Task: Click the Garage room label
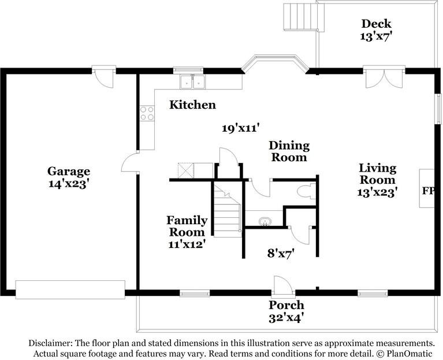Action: point(68,171)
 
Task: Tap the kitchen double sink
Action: point(192,83)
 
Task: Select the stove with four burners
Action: point(147,113)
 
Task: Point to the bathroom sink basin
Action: point(265,221)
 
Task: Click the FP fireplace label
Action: point(427,190)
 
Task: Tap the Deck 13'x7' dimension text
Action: point(376,35)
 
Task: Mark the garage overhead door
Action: point(70,290)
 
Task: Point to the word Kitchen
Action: point(192,105)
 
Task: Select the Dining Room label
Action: point(289,151)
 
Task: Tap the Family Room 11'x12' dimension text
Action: point(186,244)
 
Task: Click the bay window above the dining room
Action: point(274,63)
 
